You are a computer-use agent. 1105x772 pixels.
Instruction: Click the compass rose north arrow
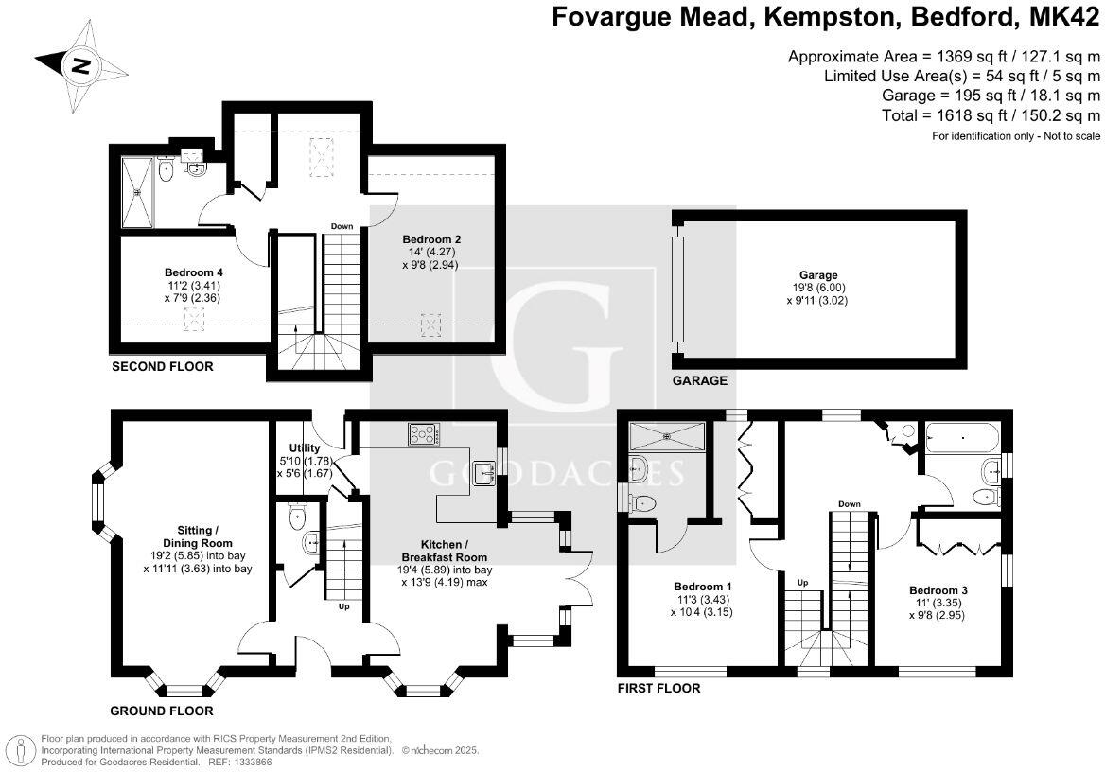tap(81, 65)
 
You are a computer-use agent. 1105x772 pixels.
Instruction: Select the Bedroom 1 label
tap(702, 584)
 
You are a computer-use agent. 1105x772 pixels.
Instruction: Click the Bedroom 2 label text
tap(431, 238)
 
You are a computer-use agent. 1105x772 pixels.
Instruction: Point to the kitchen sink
tap(485, 469)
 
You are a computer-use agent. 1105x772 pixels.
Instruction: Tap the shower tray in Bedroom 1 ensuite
tap(669, 436)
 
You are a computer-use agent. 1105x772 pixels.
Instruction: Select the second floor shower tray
tap(140, 192)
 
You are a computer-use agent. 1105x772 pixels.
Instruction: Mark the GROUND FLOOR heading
tap(162, 711)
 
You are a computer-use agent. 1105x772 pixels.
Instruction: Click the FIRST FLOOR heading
tap(659, 688)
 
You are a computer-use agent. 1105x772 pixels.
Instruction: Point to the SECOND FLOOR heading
tap(163, 366)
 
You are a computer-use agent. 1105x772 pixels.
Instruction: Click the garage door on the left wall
tap(677, 289)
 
